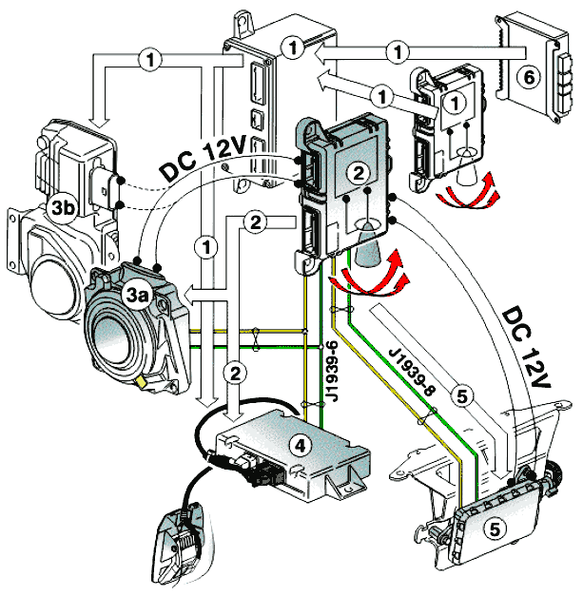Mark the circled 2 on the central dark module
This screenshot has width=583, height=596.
[x=357, y=173]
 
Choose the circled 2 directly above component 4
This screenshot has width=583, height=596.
[x=235, y=371]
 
